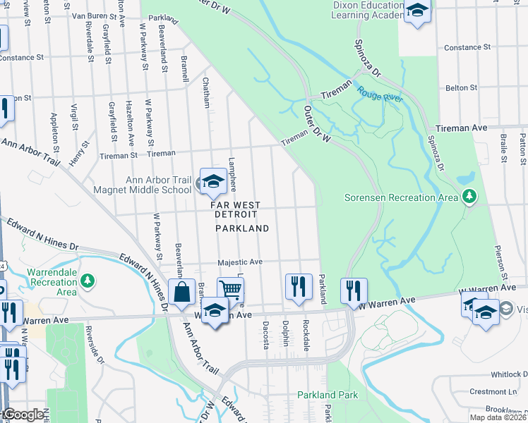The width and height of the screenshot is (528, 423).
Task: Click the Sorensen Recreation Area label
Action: pyautogui.click(x=400, y=197)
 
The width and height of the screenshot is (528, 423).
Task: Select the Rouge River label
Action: pyautogui.click(x=379, y=94)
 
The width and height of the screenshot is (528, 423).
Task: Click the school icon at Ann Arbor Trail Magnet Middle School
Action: pyautogui.click(x=211, y=182)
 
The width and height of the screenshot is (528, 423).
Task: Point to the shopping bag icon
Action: pyautogui.click(x=182, y=291)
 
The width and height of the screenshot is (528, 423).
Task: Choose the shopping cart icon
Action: pyautogui.click(x=230, y=288)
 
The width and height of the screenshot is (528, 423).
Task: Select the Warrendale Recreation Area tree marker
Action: pyautogui.click(x=88, y=282)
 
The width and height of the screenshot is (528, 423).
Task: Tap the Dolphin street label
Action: pyautogui.click(x=285, y=333)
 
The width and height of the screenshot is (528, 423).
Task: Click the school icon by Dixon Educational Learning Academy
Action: pyautogui.click(x=417, y=11)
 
